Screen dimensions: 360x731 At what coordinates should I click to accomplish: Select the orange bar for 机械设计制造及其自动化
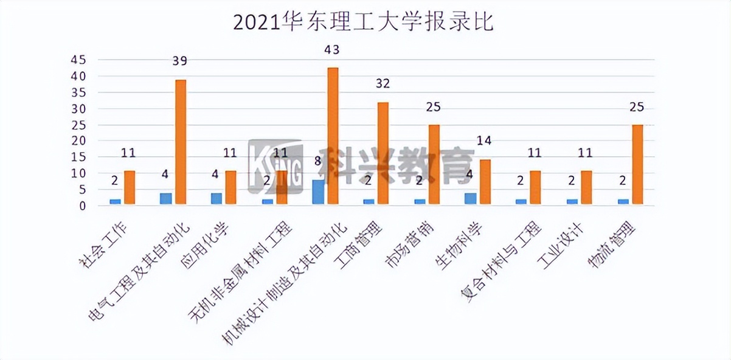pos(333,137)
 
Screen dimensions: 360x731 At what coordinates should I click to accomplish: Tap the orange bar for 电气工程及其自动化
pos(180,143)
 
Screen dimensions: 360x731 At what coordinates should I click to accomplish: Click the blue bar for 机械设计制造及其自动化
pos(318,193)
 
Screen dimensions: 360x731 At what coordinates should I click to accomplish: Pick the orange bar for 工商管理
pos(383,154)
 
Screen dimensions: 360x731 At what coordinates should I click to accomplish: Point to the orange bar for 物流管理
pos(637,165)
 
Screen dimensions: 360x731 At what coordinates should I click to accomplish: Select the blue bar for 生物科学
pos(470,199)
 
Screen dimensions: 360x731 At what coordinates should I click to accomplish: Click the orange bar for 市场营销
pos(434,165)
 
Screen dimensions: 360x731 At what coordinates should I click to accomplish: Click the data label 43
pos(332,50)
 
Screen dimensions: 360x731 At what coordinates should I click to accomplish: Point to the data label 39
pos(179,61)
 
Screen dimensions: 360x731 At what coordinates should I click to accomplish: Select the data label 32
pos(383,83)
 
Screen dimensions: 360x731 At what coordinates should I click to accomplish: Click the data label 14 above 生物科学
pos(485,140)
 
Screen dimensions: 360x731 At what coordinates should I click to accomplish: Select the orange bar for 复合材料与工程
pos(535,188)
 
